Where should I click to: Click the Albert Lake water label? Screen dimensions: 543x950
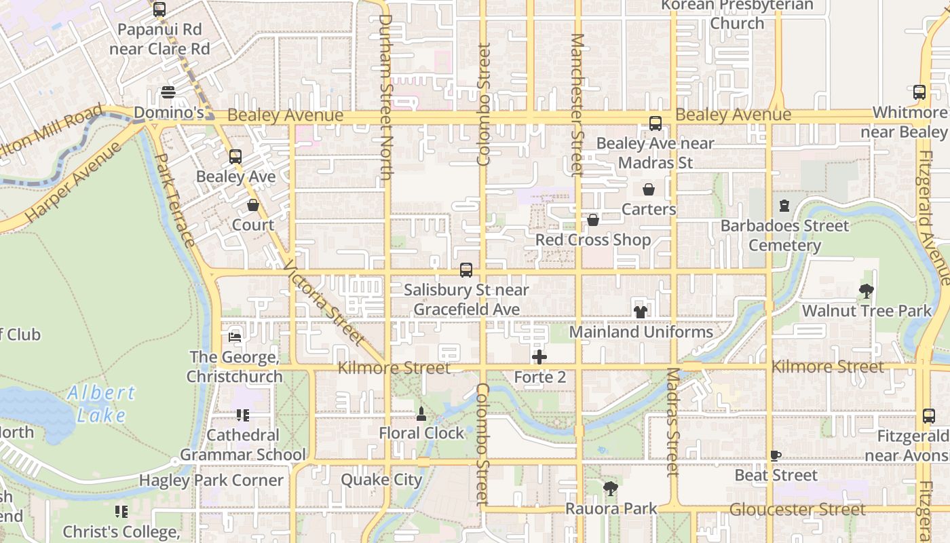coord(102,403)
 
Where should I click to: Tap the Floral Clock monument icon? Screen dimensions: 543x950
coord(421,414)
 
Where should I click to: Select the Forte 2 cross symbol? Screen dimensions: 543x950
coord(539,357)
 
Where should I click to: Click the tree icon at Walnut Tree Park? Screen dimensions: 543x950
coord(866,292)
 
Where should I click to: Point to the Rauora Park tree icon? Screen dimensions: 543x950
coord(611,488)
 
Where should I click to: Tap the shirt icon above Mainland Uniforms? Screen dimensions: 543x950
coord(641,312)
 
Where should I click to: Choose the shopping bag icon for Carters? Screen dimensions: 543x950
coord(649,189)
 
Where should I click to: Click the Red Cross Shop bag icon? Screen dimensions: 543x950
coord(592,220)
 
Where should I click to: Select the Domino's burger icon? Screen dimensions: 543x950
coord(168,92)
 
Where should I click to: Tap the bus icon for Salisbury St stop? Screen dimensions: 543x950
coord(466,270)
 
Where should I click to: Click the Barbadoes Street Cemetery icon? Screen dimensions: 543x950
coord(784,206)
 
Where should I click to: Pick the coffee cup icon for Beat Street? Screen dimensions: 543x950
coord(776,456)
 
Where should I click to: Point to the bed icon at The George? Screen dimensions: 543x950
coord(235,337)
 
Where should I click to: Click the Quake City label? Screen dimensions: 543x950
coord(381,480)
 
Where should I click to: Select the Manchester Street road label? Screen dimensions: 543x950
coord(577,105)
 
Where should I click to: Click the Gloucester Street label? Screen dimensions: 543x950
coord(797,509)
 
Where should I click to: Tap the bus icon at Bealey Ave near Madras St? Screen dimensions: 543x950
coord(655,124)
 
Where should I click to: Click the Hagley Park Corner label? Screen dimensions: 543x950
coord(211,480)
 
